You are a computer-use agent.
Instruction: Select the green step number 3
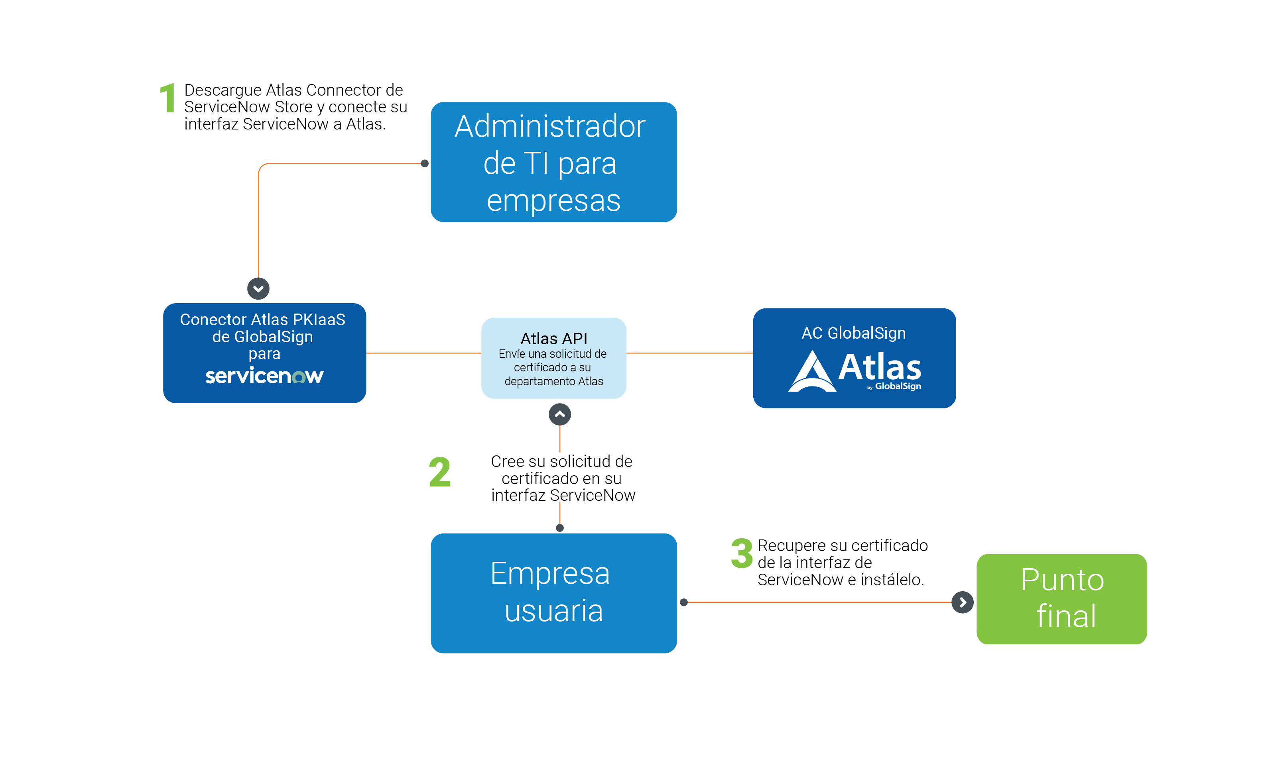[x=742, y=553]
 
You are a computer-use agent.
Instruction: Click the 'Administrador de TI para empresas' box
[x=553, y=162]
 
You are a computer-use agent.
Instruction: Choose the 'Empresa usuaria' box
[x=553, y=593]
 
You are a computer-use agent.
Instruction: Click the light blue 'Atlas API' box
[x=553, y=358]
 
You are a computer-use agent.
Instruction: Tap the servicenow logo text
[x=264, y=376]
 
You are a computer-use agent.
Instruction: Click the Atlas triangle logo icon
[x=812, y=372]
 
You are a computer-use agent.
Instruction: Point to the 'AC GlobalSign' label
[x=853, y=333]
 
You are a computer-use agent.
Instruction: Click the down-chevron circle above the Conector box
[x=258, y=289]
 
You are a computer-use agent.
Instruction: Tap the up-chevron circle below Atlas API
[x=559, y=414]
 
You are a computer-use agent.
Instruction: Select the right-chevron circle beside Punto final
[x=962, y=602]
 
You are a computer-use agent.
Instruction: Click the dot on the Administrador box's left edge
[x=425, y=164]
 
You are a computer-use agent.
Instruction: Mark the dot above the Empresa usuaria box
[x=559, y=528]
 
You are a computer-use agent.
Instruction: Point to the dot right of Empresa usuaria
[x=684, y=602]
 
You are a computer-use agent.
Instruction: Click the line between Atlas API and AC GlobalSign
[x=689, y=353]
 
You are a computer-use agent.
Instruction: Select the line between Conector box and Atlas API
[x=423, y=353]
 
